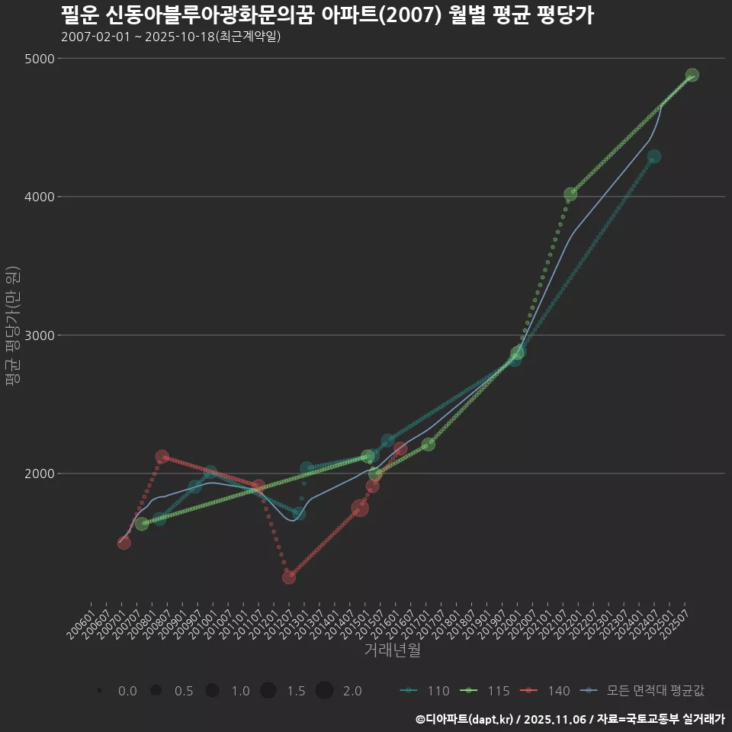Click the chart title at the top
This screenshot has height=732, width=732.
pyautogui.click(x=326, y=15)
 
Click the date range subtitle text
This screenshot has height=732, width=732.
pyautogui.click(x=170, y=37)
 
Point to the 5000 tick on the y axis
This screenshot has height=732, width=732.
pyautogui.click(x=38, y=59)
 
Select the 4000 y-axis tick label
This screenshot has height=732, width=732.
pyautogui.click(x=38, y=197)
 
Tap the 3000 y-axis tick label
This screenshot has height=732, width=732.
pyautogui.click(x=38, y=335)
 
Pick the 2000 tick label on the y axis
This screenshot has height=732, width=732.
pyautogui.click(x=38, y=474)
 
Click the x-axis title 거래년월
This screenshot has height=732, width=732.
pyautogui.click(x=392, y=650)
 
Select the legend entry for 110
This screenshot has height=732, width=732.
pyautogui.click(x=425, y=691)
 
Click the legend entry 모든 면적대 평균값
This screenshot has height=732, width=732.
pyautogui.click(x=642, y=691)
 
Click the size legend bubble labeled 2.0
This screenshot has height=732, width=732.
pyautogui.click(x=324, y=691)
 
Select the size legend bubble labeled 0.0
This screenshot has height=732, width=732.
pyautogui.click(x=100, y=691)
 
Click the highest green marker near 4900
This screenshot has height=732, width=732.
pyautogui.click(x=692, y=75)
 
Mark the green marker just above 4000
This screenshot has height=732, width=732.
pyautogui.click(x=570, y=194)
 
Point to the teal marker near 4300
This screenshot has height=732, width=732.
pyautogui.click(x=654, y=156)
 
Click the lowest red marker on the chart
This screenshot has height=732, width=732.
pyautogui.click(x=289, y=577)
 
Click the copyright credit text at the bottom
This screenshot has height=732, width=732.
pyautogui.click(x=570, y=718)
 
